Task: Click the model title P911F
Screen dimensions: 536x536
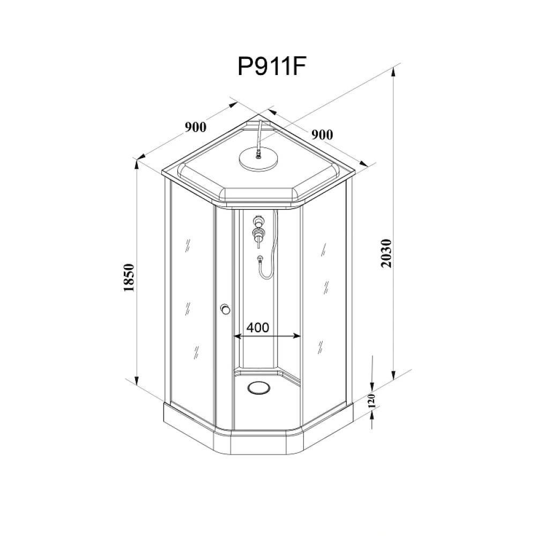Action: (x=271, y=66)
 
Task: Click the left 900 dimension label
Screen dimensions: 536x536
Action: (x=196, y=127)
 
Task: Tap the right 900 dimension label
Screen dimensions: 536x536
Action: (x=322, y=135)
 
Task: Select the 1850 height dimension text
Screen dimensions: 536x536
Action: (x=129, y=277)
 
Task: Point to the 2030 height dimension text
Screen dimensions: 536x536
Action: (x=386, y=254)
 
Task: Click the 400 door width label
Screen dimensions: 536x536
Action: (x=258, y=327)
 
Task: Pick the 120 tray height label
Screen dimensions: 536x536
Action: (x=373, y=400)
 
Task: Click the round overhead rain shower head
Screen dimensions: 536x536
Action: (x=258, y=159)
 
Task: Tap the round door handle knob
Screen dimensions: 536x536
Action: (x=225, y=309)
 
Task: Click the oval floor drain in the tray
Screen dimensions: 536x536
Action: (x=258, y=388)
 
